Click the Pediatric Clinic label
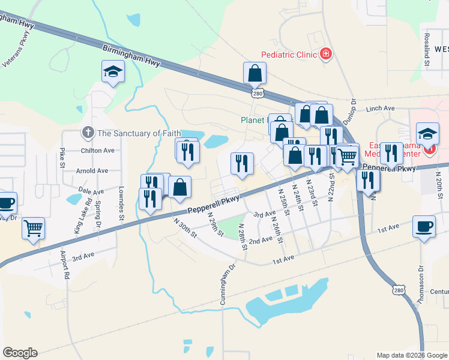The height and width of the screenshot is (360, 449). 288,55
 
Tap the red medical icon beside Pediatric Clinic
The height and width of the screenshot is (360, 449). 326,55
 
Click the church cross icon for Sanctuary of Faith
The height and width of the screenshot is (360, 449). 88,133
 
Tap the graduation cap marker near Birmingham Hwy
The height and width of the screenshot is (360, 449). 112,73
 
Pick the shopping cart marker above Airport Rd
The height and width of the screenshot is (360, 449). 34,227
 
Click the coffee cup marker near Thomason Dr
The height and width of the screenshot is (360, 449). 424,227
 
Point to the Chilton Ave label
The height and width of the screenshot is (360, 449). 97,151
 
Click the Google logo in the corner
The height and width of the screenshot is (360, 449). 20,353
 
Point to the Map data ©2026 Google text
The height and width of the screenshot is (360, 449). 412,355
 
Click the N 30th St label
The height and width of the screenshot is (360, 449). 185,227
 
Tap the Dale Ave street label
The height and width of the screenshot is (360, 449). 91,191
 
